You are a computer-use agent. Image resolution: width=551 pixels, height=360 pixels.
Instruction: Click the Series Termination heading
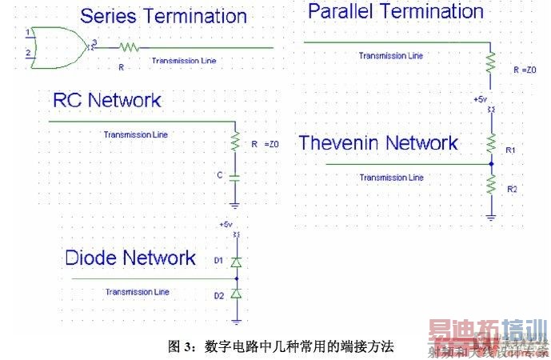pyautogui.click(x=163, y=16)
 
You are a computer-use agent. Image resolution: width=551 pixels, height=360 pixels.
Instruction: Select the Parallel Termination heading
pyautogui.click(x=395, y=11)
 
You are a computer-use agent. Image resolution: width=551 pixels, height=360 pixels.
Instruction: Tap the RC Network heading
pyautogui.click(x=106, y=100)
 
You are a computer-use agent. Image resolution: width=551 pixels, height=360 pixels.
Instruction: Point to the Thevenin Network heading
pyautogui.click(x=378, y=143)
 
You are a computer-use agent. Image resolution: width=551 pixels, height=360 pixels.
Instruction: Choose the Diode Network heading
pyautogui.click(x=130, y=258)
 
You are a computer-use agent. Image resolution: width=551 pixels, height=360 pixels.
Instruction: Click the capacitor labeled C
pyautogui.click(x=235, y=174)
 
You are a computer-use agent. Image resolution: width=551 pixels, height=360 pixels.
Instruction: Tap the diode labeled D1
pyautogui.click(x=235, y=262)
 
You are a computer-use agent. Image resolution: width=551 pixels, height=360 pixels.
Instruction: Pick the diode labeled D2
pyautogui.click(x=235, y=294)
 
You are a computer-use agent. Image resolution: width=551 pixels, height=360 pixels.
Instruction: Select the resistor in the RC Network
pyautogui.click(x=235, y=142)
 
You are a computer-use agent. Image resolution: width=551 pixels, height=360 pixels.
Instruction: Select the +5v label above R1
pyautogui.click(x=480, y=98)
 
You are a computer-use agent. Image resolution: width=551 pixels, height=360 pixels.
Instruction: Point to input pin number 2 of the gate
pyautogui.click(x=29, y=53)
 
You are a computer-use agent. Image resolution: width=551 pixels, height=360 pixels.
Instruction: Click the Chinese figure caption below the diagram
pyautogui.click(x=281, y=346)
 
